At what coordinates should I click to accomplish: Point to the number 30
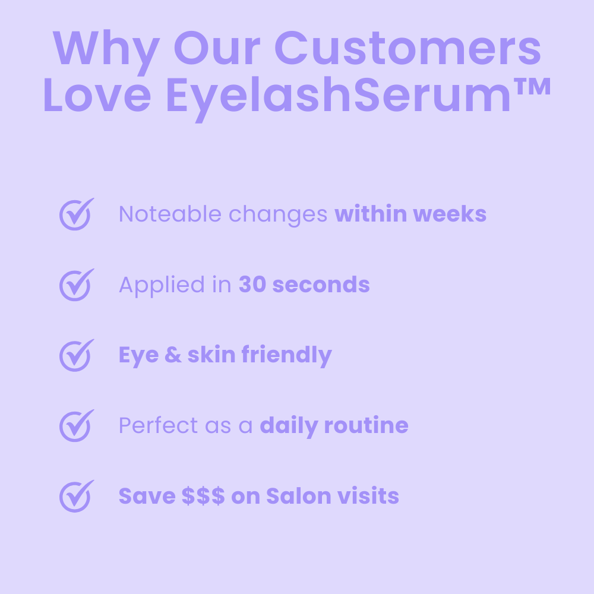pyautogui.click(x=251, y=285)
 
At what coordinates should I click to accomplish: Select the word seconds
pyautogui.click(x=321, y=285)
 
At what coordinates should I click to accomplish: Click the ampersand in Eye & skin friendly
pyautogui.click(x=172, y=355)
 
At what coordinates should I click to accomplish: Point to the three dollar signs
pyautogui.click(x=203, y=496)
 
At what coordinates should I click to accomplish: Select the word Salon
pyautogui.click(x=292, y=496)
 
